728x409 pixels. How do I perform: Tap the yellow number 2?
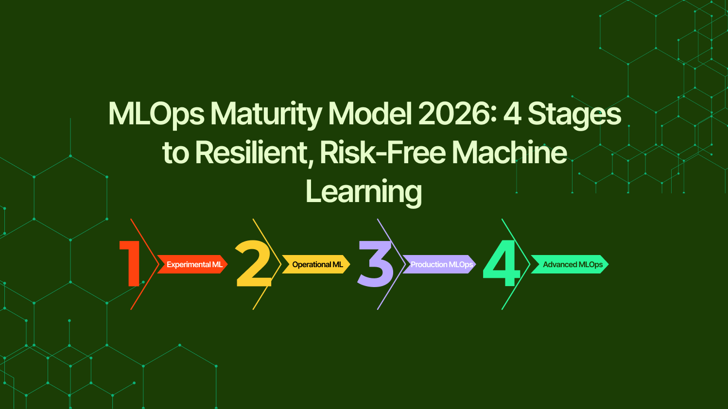coord(253,263)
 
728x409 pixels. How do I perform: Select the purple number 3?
coord(375,264)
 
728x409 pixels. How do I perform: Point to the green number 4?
coord(502,263)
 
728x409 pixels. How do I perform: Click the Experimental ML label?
coord(194,264)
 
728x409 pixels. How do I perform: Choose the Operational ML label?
coord(317,264)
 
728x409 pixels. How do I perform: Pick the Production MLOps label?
coord(441,264)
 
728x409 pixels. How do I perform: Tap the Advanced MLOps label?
coord(572,264)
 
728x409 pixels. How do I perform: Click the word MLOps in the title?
coord(156,114)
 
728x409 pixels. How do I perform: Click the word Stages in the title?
coord(574,114)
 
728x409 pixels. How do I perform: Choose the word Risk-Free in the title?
coord(382,153)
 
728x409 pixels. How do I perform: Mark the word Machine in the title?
coord(509,153)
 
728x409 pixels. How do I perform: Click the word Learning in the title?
coord(364,191)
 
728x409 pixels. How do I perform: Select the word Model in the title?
coord(370,114)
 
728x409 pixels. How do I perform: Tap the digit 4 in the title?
coord(512,114)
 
